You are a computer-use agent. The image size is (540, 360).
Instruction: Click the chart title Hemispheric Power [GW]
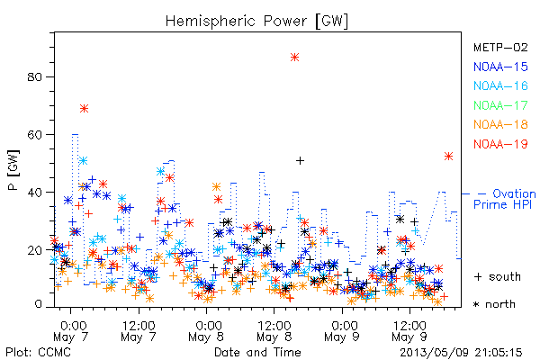click(256, 22)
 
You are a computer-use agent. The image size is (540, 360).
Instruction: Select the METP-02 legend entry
click(500, 47)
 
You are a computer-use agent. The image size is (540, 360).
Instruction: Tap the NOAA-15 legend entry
click(500, 67)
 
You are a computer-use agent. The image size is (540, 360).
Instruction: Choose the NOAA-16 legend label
click(500, 85)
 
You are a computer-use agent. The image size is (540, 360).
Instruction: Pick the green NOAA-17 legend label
click(500, 105)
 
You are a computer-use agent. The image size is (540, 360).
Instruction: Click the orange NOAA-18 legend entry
click(500, 124)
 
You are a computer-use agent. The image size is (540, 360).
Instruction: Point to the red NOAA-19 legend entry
click(500, 144)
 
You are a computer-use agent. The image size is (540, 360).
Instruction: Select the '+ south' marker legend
click(498, 276)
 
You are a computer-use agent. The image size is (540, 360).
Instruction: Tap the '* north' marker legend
click(494, 304)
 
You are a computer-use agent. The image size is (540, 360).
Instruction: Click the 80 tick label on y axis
click(35, 76)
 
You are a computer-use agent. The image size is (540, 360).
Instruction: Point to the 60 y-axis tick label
click(35, 134)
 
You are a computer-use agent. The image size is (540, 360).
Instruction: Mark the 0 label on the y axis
click(38, 304)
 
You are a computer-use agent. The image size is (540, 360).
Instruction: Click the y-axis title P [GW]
click(13, 170)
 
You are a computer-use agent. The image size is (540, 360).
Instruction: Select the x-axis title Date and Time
click(257, 353)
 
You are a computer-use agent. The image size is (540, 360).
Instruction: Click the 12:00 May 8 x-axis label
click(274, 331)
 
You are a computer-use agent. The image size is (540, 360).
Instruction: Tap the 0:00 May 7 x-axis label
click(71, 331)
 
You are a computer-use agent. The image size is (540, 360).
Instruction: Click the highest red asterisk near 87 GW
click(294, 58)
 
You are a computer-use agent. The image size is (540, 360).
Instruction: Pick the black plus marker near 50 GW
click(300, 160)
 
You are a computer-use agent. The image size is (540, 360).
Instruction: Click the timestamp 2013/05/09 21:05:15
click(461, 353)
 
